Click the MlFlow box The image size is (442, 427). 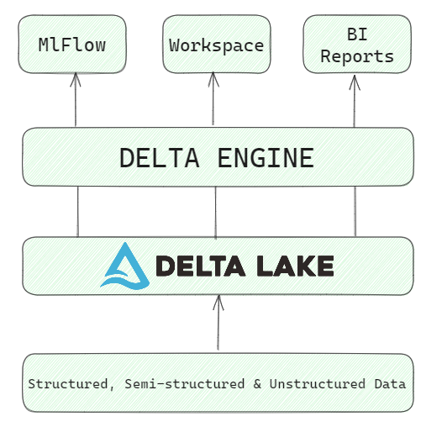pos(72,45)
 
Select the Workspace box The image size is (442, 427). pos(216,45)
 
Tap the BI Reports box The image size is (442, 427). pos(356,45)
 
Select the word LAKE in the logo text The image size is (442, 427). pos(291,266)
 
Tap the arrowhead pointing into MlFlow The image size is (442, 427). pos(76,79)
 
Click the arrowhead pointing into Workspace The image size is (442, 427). pos(213,79)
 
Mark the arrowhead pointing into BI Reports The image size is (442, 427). pos(354,79)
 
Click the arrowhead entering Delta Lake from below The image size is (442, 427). pos(218,301)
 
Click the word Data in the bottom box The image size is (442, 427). pos(390,384)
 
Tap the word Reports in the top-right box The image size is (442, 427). pos(356,56)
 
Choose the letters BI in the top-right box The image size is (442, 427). pos(356,34)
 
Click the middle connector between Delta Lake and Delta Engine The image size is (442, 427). pos(216,212)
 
